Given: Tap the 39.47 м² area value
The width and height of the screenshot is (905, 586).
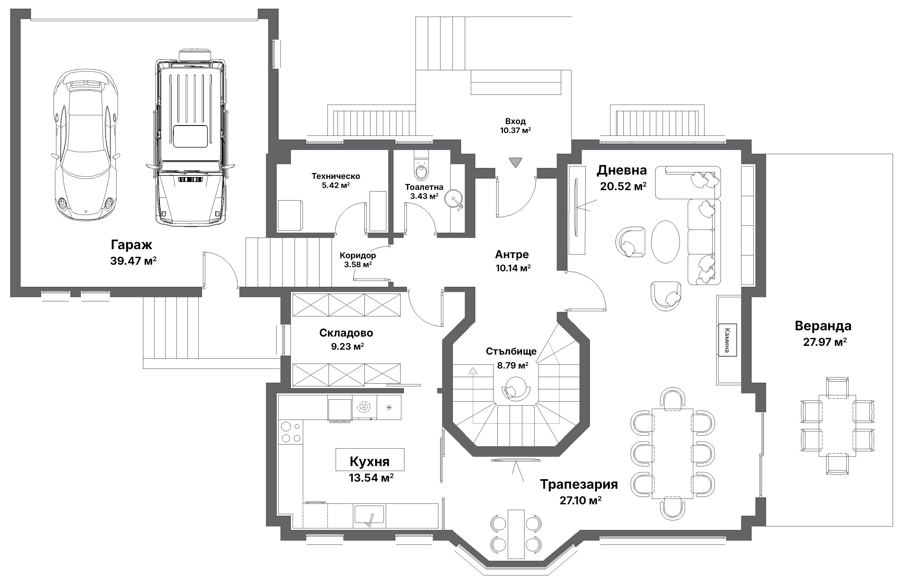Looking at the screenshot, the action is pos(133,261).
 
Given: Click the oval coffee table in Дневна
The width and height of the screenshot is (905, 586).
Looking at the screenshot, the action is pos(665,241).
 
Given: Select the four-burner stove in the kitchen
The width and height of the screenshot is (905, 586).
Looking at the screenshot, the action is pos(291,432).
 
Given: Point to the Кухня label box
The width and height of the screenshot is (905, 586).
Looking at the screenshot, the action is pos(370,461).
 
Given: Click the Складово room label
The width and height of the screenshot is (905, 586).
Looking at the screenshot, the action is pos(346,333).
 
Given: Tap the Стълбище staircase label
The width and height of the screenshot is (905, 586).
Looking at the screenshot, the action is pos(511,351).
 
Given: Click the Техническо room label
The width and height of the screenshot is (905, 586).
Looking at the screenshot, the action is pos(335,176).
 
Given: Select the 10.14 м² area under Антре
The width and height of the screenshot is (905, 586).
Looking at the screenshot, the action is pos(513,268).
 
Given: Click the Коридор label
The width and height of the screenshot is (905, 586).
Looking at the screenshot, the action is pos(358,255).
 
